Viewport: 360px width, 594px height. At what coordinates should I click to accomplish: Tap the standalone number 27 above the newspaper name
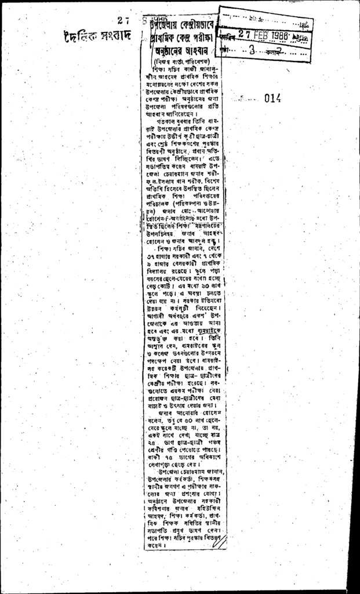pyautogui.click(x=122, y=20)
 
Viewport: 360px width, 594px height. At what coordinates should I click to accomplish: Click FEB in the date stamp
pyautogui.click(x=271, y=34)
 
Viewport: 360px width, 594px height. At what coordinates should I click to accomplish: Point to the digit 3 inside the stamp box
pyautogui.click(x=252, y=50)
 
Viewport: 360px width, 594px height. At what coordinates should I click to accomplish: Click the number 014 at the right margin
pyautogui.click(x=272, y=98)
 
